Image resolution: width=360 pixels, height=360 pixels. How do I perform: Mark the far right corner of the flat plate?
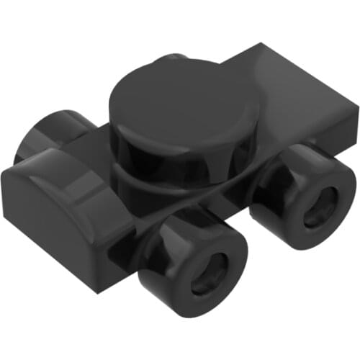point(356,108)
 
